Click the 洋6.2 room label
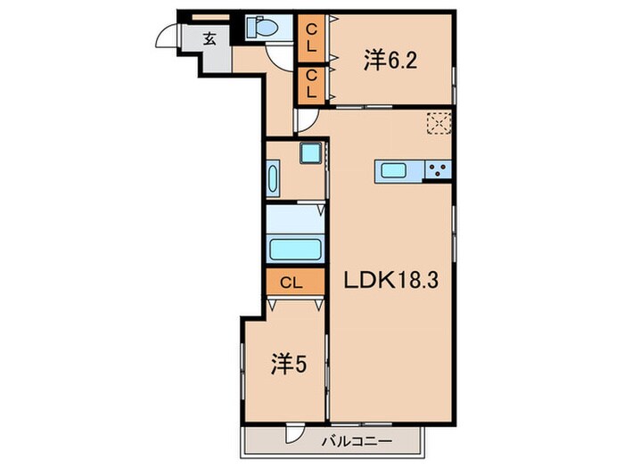coord(390,60)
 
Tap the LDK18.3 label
coord(390,280)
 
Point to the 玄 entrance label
coord(209,38)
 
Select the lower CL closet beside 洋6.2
coord(311,84)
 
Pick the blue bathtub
coord(294,249)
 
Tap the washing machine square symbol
coord(310,153)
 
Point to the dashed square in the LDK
coord(437,122)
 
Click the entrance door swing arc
coord(167,37)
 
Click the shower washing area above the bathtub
coord(294,218)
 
